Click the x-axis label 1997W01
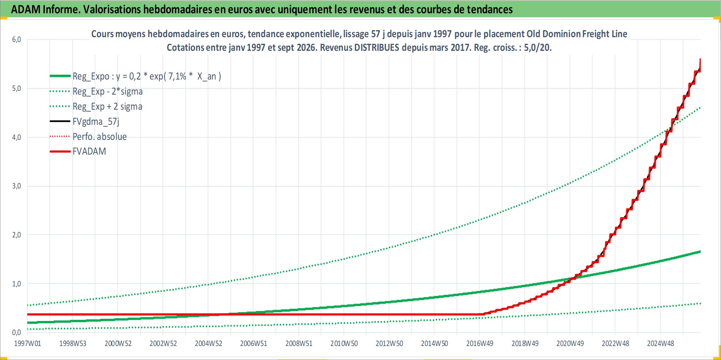[28, 343]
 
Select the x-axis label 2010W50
[344, 343]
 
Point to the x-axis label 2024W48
[661, 343]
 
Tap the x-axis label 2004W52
[208, 343]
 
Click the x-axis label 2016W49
[480, 343]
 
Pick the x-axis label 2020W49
[570, 343]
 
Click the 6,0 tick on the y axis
[17, 39]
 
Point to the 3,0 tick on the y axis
[17, 186]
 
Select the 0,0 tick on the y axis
[17, 332]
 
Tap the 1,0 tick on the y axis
[17, 283]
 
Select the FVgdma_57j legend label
[96, 121]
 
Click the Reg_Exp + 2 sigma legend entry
[107, 106]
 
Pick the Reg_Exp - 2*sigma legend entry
[108, 91]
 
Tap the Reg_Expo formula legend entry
[147, 76]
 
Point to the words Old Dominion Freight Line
[577, 34]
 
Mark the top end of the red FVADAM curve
[700, 59]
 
